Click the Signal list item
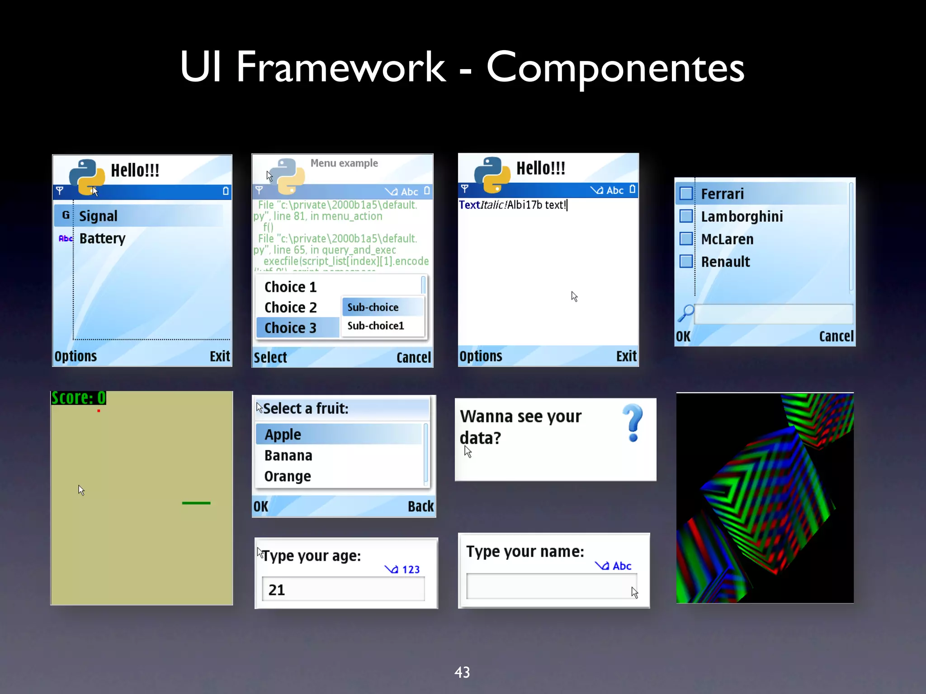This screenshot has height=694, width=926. point(98,216)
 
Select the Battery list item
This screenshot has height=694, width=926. point(102,238)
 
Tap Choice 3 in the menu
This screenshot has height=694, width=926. point(290,328)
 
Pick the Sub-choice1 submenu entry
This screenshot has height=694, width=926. point(375,326)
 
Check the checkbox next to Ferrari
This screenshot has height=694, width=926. point(686,194)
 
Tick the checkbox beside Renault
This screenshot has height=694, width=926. point(686,262)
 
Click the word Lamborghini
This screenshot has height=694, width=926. point(742,216)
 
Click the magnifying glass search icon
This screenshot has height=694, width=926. point(685,313)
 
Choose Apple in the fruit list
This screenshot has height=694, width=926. point(283,434)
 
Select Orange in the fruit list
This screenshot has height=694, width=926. point(288,476)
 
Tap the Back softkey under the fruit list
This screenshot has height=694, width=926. point(420,506)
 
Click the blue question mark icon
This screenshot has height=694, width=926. point(633,423)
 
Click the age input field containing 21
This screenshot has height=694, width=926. point(343,590)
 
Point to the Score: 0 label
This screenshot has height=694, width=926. point(79,398)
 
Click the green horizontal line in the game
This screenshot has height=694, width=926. point(196,503)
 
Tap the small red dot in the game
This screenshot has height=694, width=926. point(99,411)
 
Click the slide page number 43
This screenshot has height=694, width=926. point(462,672)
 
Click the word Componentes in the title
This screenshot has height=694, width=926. point(615,68)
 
